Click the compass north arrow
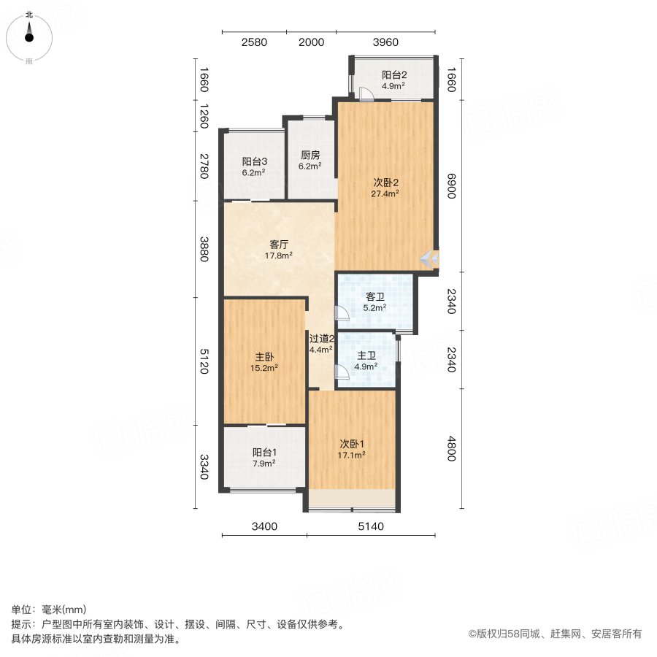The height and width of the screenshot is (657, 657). pos(29,32)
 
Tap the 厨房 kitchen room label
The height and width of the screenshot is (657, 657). pos(310,155)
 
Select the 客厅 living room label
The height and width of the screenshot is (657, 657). pos(279,245)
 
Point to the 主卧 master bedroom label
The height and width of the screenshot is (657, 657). pos(264,356)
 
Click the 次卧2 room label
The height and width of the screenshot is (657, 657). pos(385,182)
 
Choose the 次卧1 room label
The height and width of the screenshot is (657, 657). pos(352,443)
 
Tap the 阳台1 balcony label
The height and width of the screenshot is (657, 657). pos(264,452)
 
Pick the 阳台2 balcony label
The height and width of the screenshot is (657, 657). pos(394,74)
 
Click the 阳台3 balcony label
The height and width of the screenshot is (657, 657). pos(254,161)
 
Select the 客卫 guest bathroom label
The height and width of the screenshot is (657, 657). pos(375,296)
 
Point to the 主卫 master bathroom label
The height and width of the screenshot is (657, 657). pos(366,356)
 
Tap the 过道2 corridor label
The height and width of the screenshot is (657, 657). pos(321,339)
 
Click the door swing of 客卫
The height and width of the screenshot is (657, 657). pos(342,313)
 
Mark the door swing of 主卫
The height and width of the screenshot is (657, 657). pos(342,372)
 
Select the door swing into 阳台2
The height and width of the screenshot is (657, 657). pos(366,94)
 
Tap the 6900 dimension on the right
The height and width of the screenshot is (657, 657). pos(451,186)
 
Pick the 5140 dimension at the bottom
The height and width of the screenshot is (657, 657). pos(371,526)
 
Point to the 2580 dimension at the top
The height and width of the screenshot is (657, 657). pos(254,42)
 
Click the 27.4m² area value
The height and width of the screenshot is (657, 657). pos(385,193)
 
